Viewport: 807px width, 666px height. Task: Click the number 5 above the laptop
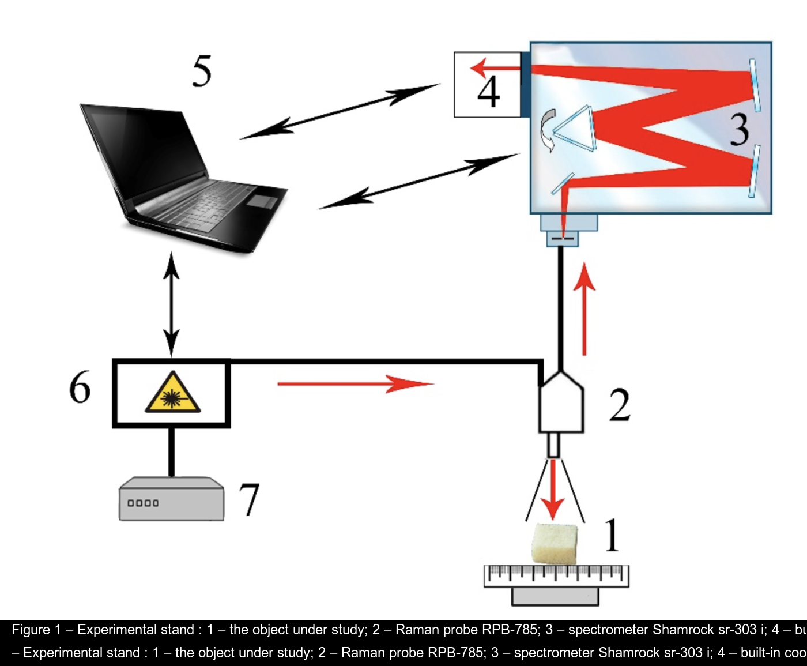tap(202, 72)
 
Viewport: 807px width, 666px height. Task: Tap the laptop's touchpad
tap(262, 201)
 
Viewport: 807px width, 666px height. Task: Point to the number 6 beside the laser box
tap(80, 387)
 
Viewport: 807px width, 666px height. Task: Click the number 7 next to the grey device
tap(249, 499)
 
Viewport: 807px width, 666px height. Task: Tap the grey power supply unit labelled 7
tap(171, 499)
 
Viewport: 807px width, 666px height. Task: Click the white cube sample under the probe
tap(554, 543)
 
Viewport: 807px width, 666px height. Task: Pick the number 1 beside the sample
tap(612, 535)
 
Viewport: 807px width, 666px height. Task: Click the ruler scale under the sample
tap(556, 575)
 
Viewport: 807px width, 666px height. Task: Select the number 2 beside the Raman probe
tap(620, 405)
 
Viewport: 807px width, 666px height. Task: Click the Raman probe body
tap(561, 403)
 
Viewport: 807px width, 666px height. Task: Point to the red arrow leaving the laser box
tap(355, 383)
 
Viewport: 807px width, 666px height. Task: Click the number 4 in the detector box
tap(489, 92)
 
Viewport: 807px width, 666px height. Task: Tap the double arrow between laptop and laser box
tap(171, 304)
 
